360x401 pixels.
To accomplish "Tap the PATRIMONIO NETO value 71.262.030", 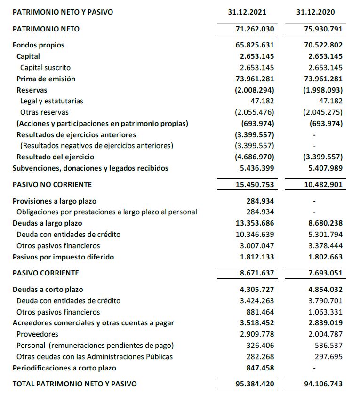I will tap(254, 29).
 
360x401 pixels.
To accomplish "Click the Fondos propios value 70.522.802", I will tap(323, 45).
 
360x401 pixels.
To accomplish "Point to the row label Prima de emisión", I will tap(46, 79).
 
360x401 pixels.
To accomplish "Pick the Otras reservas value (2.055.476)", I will tap(254, 112).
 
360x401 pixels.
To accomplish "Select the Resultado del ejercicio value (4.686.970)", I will tap(254, 157).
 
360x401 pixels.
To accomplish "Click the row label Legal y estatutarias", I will tap(52, 101).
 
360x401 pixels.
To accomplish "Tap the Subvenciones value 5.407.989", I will tap(323, 168).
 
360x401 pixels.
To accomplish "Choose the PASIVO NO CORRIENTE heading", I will tap(52, 184).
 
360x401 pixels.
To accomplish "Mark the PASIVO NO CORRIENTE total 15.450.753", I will tap(254, 185).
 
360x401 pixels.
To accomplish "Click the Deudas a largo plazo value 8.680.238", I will tap(323, 223).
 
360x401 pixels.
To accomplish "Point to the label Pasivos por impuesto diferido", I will tap(63, 257).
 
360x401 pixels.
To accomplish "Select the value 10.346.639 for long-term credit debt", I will tap(254, 235).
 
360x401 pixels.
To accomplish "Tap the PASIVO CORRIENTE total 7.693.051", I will tap(323, 273).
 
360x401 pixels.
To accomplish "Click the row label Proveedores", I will tap(37, 334).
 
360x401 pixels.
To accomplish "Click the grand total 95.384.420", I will tap(254, 384).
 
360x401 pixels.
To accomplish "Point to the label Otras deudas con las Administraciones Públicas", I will tap(95, 356).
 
